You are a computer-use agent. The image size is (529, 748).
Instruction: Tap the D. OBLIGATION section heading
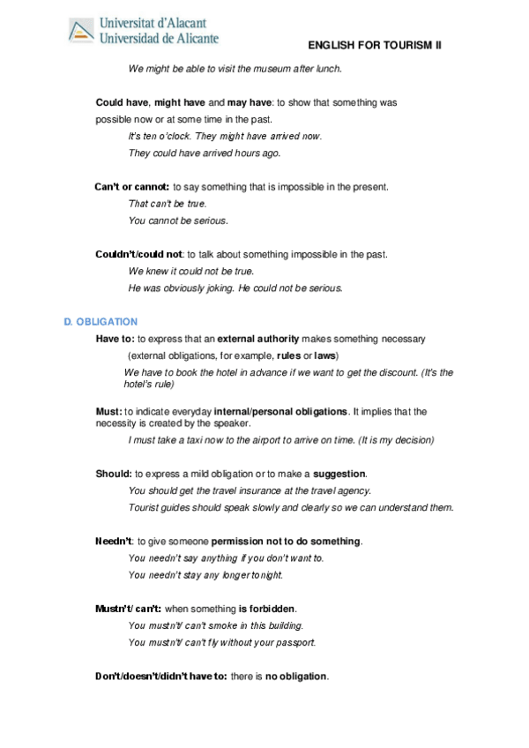[101, 322]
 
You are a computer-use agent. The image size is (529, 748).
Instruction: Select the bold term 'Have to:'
[115, 339]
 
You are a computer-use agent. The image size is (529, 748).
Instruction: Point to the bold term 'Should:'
[114, 474]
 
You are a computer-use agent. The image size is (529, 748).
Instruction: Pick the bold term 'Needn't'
[114, 541]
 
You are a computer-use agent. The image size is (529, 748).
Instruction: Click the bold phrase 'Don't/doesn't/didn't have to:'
[161, 677]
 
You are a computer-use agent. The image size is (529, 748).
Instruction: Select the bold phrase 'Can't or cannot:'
[131, 187]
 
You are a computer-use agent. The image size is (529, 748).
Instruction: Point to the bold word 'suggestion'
[339, 474]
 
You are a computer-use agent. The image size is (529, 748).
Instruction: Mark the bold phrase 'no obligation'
[296, 677]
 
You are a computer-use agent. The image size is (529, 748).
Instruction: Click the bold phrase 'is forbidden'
[267, 609]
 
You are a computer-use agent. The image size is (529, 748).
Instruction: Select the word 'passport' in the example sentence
[295, 642]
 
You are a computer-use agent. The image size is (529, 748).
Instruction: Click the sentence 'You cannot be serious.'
[177, 221]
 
